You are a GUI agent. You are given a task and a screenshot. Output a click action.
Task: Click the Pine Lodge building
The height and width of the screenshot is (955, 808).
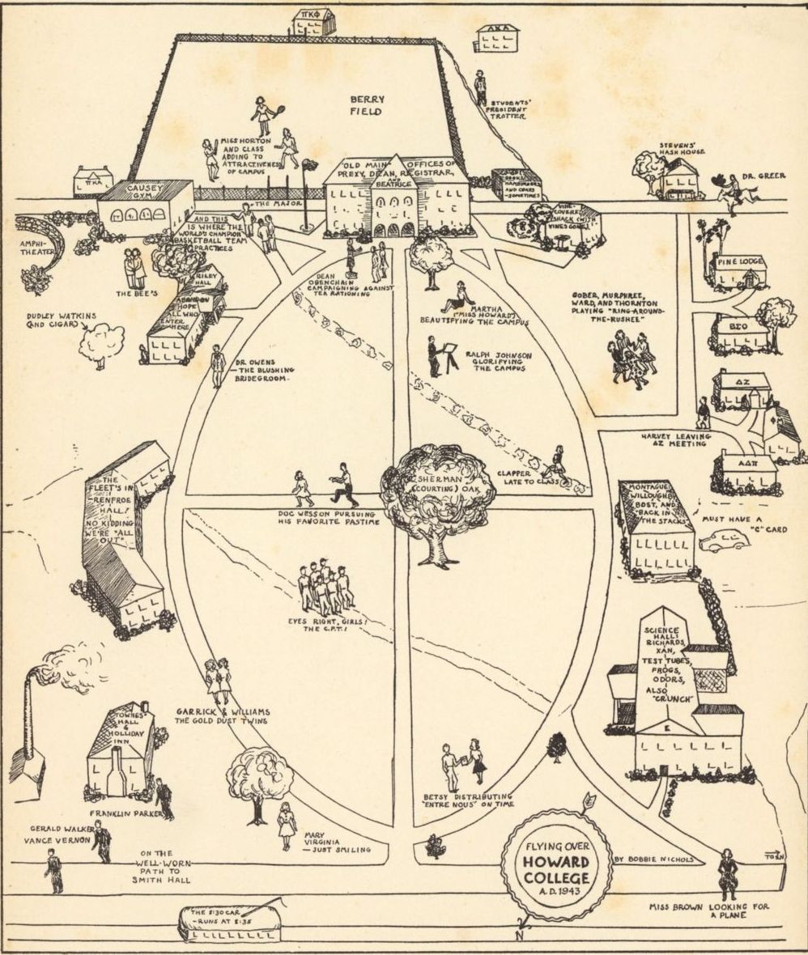click(737, 272)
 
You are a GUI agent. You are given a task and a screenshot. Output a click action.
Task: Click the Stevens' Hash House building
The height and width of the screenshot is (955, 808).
click(678, 180)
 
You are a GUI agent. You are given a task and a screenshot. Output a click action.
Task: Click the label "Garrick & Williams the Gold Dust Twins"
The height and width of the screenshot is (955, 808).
click(222, 716)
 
